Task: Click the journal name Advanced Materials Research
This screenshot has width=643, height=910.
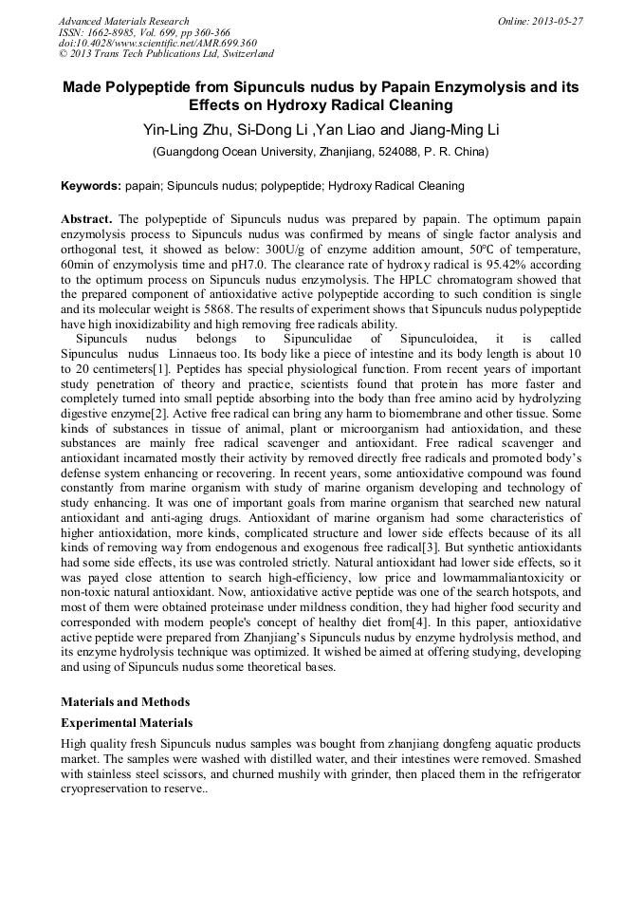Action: coord(123,21)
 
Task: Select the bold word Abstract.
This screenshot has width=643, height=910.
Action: coord(88,218)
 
